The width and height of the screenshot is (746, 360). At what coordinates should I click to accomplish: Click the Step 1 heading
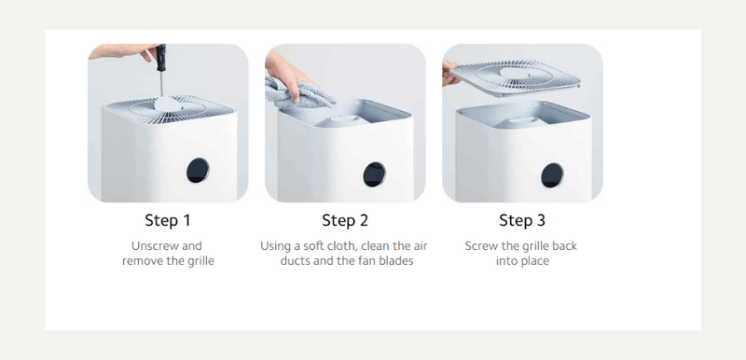168,221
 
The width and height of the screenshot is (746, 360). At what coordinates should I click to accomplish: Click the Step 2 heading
345,221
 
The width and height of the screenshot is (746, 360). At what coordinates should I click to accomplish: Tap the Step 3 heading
522,221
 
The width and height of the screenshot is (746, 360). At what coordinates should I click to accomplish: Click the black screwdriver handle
160,58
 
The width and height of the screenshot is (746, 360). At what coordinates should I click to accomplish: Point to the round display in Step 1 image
198,171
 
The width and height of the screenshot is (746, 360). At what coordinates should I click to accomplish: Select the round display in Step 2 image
375,174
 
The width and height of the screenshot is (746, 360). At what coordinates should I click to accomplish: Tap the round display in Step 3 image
552,175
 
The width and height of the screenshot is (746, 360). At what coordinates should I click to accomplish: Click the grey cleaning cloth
297,95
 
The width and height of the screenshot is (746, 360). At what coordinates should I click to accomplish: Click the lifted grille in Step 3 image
515,77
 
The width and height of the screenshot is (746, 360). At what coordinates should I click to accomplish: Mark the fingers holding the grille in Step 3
449,74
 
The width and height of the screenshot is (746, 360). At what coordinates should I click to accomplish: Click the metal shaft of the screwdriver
161,84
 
